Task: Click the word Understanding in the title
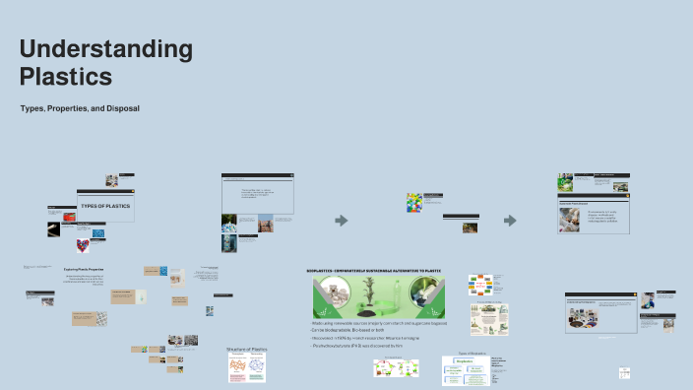[105, 50]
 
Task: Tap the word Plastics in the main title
[65, 76]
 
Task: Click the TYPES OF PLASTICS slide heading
[105, 206]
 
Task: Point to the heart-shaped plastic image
[84, 244]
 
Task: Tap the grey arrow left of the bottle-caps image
[341, 220]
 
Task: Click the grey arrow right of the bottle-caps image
[510, 220]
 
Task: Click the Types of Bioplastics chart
[466, 370]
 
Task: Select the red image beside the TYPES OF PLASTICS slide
[69, 217]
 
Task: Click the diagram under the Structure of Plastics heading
[246, 368]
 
